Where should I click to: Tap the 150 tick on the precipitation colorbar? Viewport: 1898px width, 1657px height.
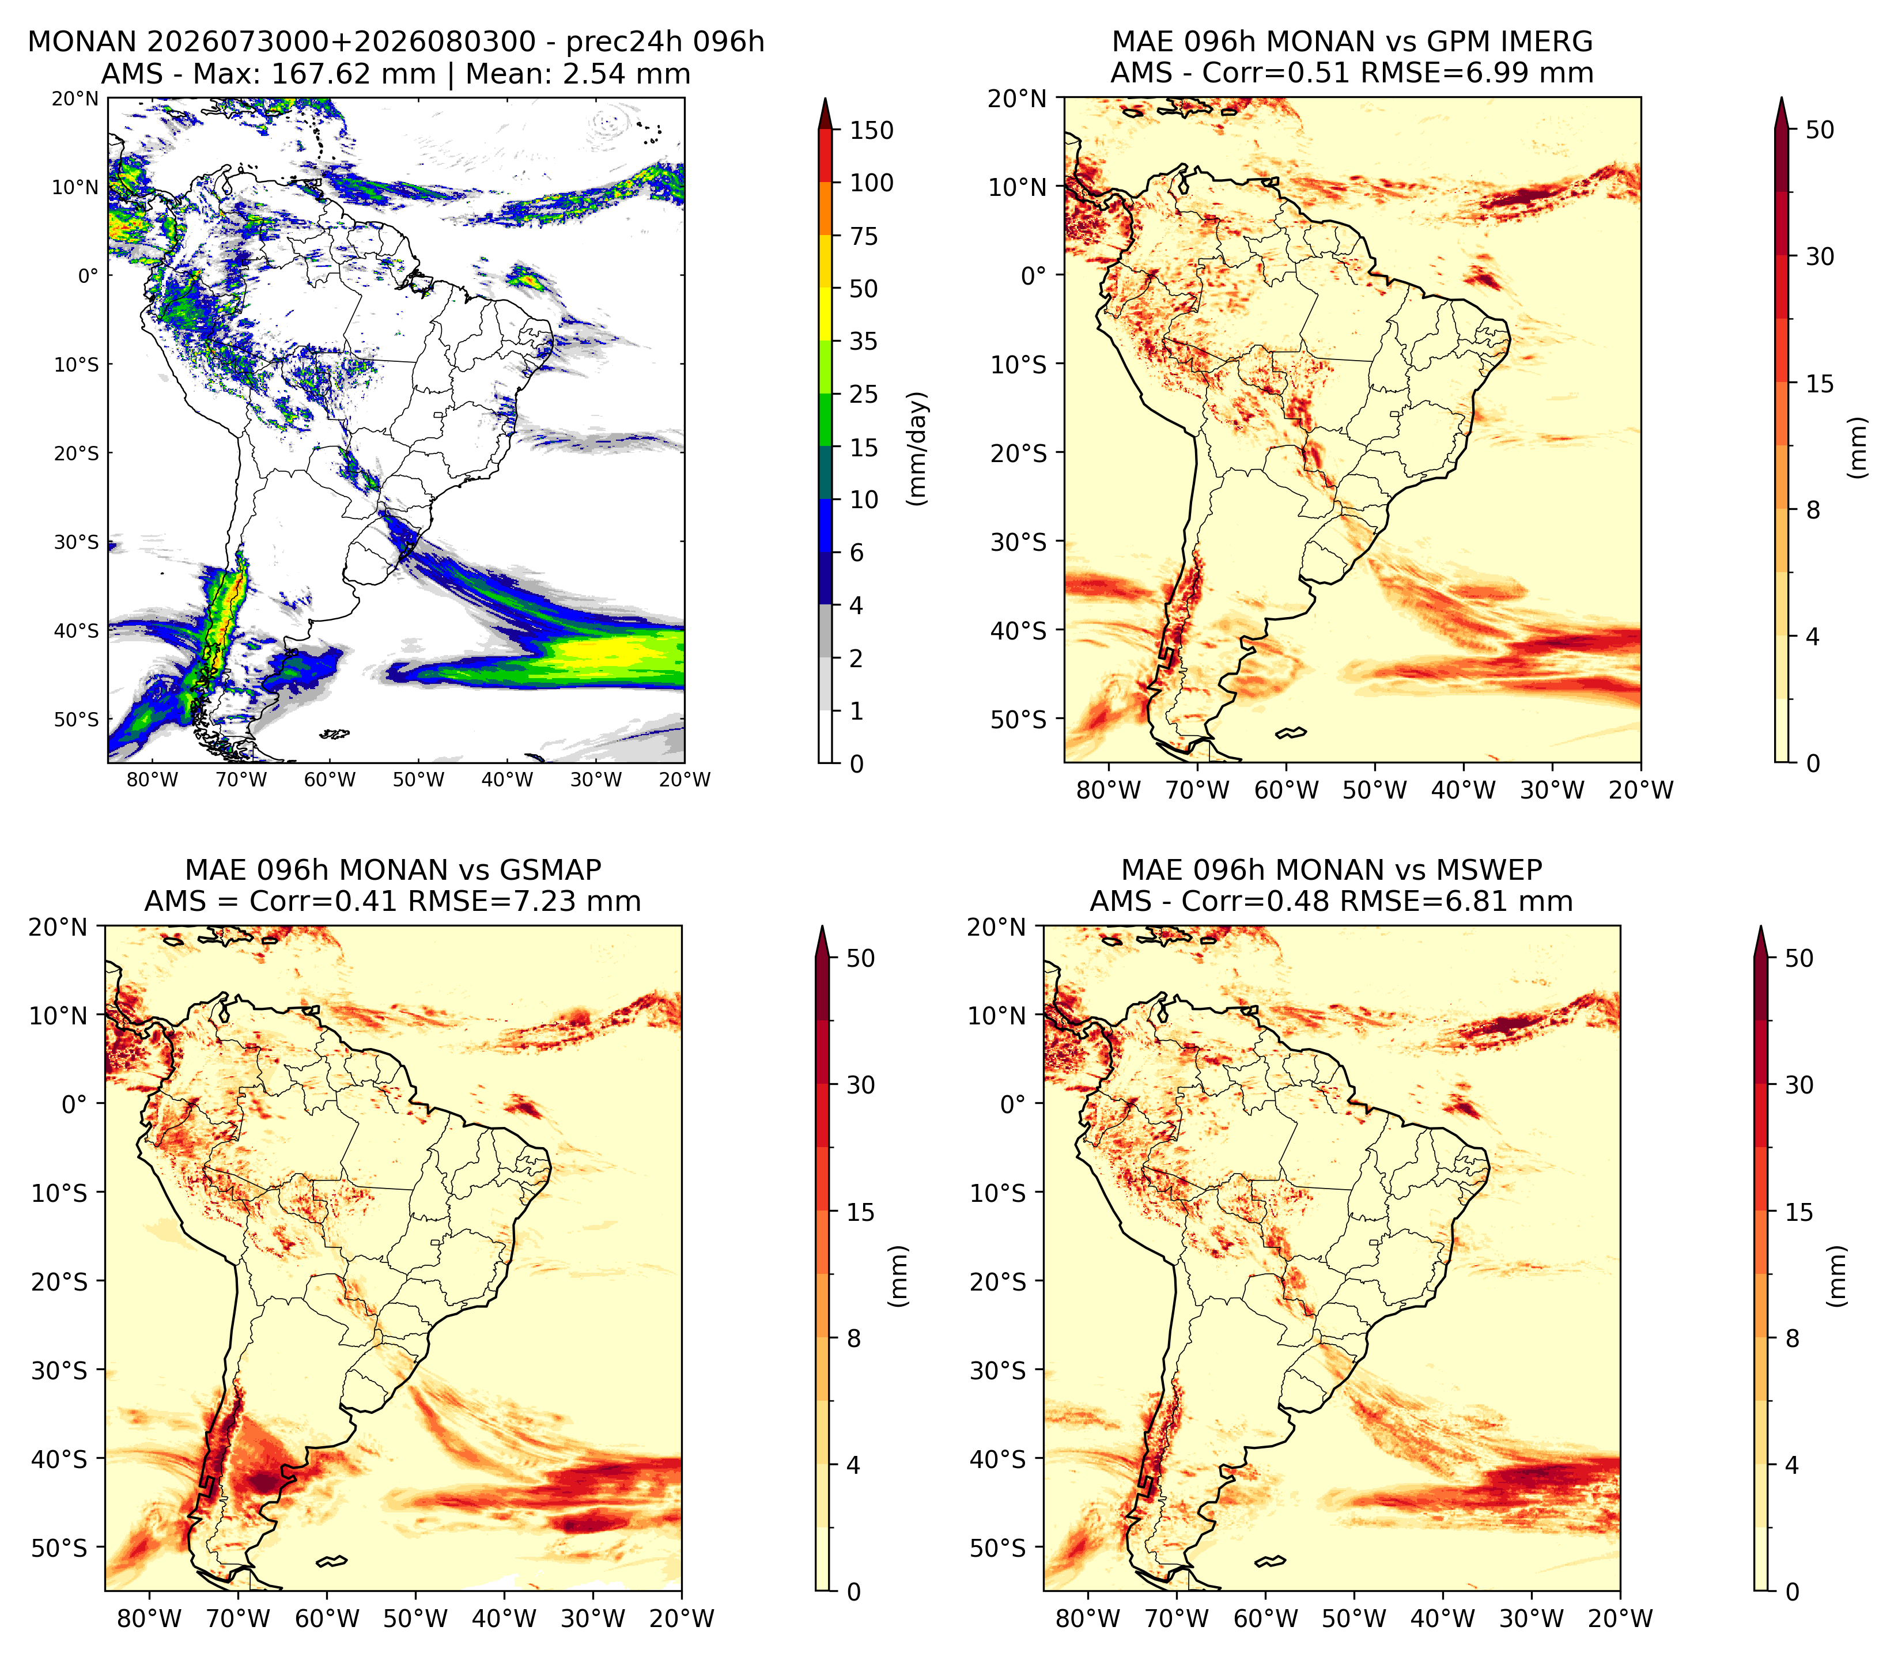coord(872,130)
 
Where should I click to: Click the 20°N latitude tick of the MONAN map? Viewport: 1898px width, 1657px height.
coord(75,99)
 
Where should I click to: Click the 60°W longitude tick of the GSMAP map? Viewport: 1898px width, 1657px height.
coord(327,1618)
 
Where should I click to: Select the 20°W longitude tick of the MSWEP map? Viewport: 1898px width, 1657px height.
coord(1620,1618)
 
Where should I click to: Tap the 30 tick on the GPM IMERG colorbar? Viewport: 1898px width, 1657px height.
coord(1820,256)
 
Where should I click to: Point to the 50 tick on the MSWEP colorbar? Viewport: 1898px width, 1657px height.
coord(1799,958)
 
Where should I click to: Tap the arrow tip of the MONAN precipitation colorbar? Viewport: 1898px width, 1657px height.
coord(826,99)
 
